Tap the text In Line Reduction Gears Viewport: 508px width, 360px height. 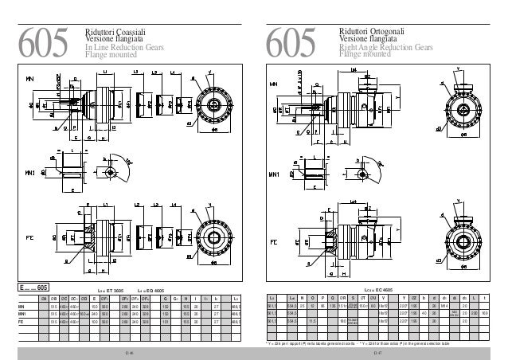[x=123, y=49]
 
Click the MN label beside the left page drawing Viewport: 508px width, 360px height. [x=30, y=80]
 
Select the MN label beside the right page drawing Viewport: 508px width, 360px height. [x=275, y=83]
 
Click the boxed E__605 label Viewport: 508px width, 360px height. [x=35, y=287]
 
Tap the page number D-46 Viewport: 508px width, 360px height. [x=129, y=350]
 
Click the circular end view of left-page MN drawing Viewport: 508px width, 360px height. [x=211, y=105]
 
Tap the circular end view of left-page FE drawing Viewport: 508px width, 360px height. [x=213, y=237]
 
